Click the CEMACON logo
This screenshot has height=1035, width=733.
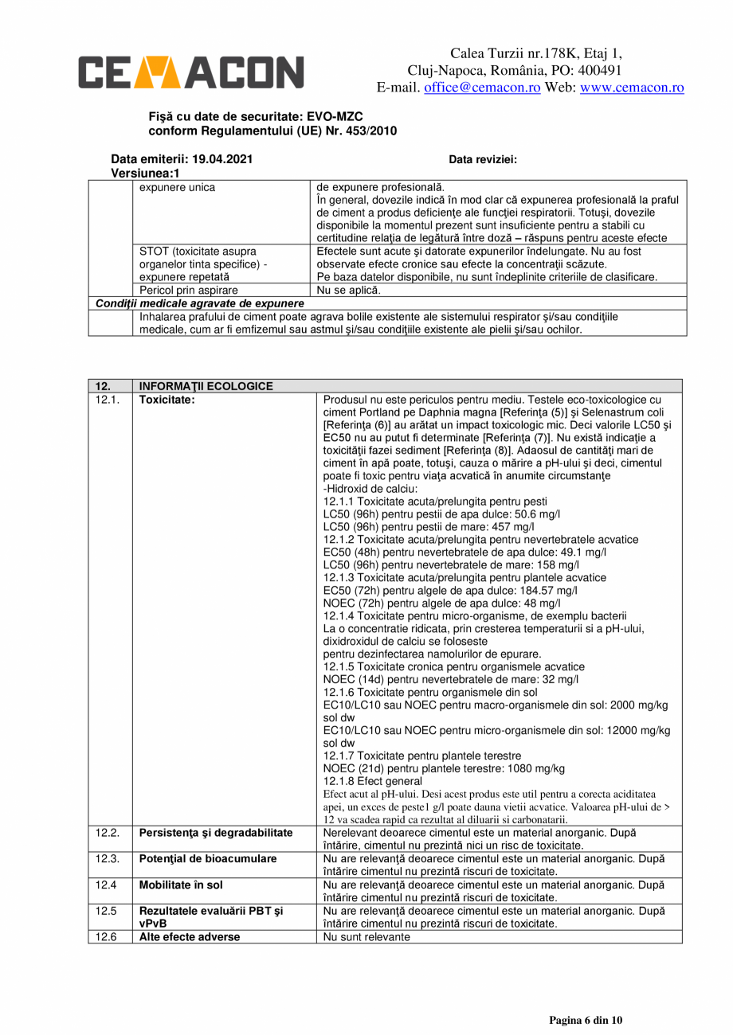(190, 72)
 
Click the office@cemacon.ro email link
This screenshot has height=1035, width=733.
(482, 88)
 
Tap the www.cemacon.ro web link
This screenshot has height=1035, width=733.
(632, 88)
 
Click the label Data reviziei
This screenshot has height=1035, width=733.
(483, 159)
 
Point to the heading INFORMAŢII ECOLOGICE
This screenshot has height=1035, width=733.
(206, 386)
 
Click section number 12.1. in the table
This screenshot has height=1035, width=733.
(108, 400)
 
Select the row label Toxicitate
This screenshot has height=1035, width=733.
(167, 400)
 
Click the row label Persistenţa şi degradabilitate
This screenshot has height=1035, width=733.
(216, 833)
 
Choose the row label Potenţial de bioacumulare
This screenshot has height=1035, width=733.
(208, 859)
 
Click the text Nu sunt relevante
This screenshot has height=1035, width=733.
(366, 937)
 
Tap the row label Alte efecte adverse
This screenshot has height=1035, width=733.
(190, 937)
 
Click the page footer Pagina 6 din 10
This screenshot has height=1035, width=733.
(586, 1020)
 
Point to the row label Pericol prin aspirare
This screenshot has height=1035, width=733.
(189, 291)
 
